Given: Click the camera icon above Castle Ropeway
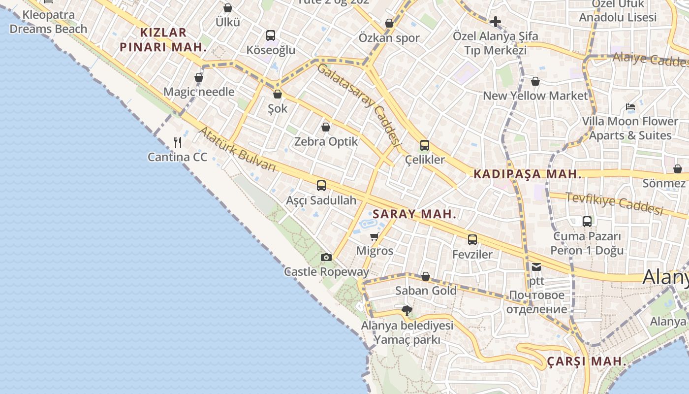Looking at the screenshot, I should pyautogui.click(x=326, y=257).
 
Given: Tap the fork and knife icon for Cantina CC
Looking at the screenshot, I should pyautogui.click(x=178, y=142).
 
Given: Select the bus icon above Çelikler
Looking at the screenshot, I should pyautogui.click(x=425, y=145).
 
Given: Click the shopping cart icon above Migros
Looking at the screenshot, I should pyautogui.click(x=375, y=236).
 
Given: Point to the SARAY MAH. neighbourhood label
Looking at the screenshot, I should pyautogui.click(x=414, y=214).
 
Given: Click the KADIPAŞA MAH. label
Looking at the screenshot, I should pyautogui.click(x=527, y=174).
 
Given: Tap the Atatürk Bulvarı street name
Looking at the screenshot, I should pyautogui.click(x=237, y=149).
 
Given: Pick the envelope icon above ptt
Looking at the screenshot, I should pyautogui.click(x=536, y=267).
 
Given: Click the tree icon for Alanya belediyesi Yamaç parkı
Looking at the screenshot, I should pyautogui.click(x=407, y=311).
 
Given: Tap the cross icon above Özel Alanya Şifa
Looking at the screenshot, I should pyautogui.click(x=496, y=22).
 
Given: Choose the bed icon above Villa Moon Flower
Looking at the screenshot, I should pyautogui.click(x=630, y=107).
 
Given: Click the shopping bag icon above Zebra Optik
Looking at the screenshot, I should pyautogui.click(x=326, y=127).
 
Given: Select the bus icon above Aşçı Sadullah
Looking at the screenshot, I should pyautogui.click(x=321, y=186).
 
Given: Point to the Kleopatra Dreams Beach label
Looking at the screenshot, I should pyautogui.click(x=48, y=22).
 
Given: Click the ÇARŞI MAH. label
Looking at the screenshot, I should pyautogui.click(x=587, y=361).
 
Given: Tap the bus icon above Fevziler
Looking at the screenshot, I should pyautogui.click(x=472, y=240).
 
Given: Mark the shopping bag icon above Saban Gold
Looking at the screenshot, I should pyautogui.click(x=426, y=276).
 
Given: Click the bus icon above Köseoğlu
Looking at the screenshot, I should pyautogui.click(x=271, y=35).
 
